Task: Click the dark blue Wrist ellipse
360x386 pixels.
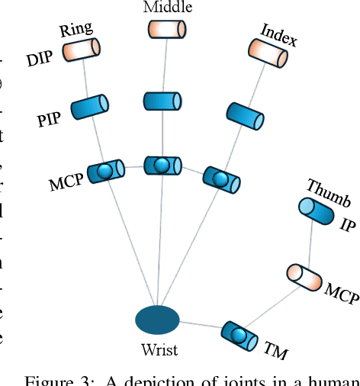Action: point(157,320)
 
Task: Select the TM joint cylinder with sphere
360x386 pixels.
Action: point(240,334)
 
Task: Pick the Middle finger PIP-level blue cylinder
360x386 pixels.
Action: point(162,101)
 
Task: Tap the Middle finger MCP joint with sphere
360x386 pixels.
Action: point(162,165)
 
